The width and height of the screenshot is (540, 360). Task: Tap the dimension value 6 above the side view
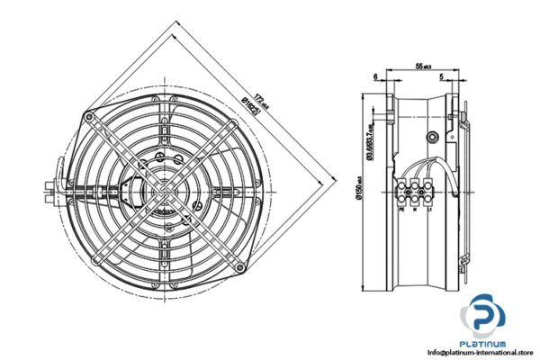[374, 77]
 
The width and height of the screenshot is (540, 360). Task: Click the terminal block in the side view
[415, 192]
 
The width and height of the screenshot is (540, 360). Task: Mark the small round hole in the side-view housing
[433, 138]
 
